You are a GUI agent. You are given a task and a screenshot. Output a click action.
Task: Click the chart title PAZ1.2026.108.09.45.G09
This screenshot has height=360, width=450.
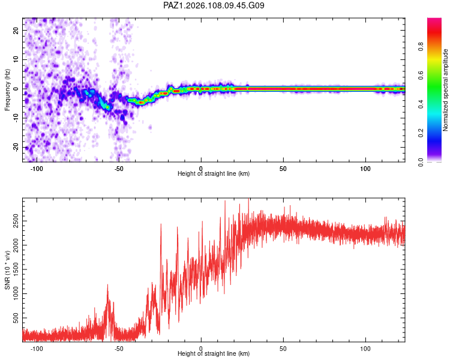click(x=214, y=5)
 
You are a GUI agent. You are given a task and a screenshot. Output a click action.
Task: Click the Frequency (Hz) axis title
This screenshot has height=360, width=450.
click(x=7, y=90)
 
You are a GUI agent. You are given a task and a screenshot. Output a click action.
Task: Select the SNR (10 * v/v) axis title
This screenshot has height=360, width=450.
click(x=7, y=270)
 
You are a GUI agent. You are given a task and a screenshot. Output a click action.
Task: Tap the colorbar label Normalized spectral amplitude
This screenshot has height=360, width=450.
click(x=445, y=90)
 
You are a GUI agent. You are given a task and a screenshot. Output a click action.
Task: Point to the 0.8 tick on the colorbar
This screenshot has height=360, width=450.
click(x=421, y=47)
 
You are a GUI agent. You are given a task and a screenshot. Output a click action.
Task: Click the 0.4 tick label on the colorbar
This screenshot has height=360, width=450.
click(x=421, y=104)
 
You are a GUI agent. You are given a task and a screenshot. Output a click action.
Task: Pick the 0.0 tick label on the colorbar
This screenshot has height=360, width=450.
click(x=421, y=162)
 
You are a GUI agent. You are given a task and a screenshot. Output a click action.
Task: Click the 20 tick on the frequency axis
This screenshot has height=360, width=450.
click(x=16, y=31)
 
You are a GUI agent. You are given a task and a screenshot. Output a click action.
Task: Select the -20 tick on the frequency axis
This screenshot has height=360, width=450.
click(x=16, y=147)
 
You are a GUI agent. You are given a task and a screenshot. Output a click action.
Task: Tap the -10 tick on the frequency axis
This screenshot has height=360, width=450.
click(x=16, y=118)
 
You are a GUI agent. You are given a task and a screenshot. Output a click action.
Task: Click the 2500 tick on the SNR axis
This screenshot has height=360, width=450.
click(x=16, y=221)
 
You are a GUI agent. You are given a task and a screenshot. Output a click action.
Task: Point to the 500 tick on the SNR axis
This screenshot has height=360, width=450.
click(x=16, y=318)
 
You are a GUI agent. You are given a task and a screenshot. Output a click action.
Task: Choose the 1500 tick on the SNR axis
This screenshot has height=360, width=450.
click(x=16, y=269)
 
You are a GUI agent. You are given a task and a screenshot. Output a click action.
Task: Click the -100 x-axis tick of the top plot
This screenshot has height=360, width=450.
click(x=37, y=169)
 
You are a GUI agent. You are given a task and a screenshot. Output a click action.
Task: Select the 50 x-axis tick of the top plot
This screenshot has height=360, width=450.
click(x=283, y=169)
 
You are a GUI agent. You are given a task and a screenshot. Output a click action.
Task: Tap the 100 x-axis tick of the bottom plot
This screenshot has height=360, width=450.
click(x=365, y=349)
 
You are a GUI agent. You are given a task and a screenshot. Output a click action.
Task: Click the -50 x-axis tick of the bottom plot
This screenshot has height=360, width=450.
click(x=119, y=349)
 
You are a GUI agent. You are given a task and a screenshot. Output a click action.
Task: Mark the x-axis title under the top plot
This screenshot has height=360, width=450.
click(x=214, y=173)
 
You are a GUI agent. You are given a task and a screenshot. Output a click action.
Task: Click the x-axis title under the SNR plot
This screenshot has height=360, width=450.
click(x=214, y=353)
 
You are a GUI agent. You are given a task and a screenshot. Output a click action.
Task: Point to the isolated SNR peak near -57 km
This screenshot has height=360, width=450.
click(x=108, y=285)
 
